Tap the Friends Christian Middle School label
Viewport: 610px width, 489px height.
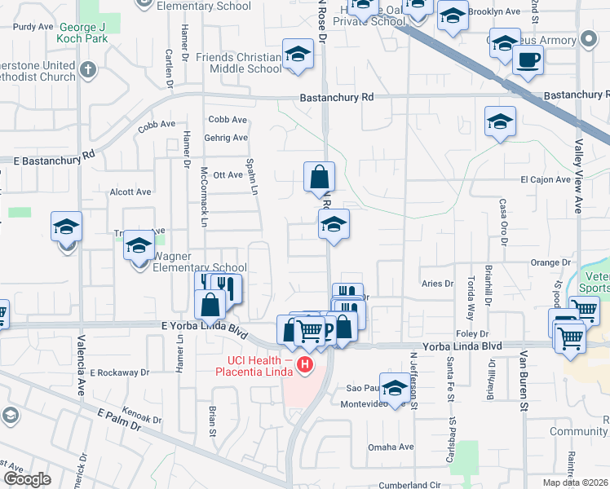[x=240, y=63]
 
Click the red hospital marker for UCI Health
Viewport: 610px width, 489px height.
[x=305, y=364]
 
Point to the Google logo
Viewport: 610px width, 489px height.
[x=27, y=479]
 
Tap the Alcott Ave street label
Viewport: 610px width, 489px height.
[x=130, y=192]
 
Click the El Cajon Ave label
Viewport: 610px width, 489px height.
[x=545, y=179]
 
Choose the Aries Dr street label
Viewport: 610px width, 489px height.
[x=437, y=284]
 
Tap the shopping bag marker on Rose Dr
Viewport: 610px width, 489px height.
[x=319, y=177]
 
